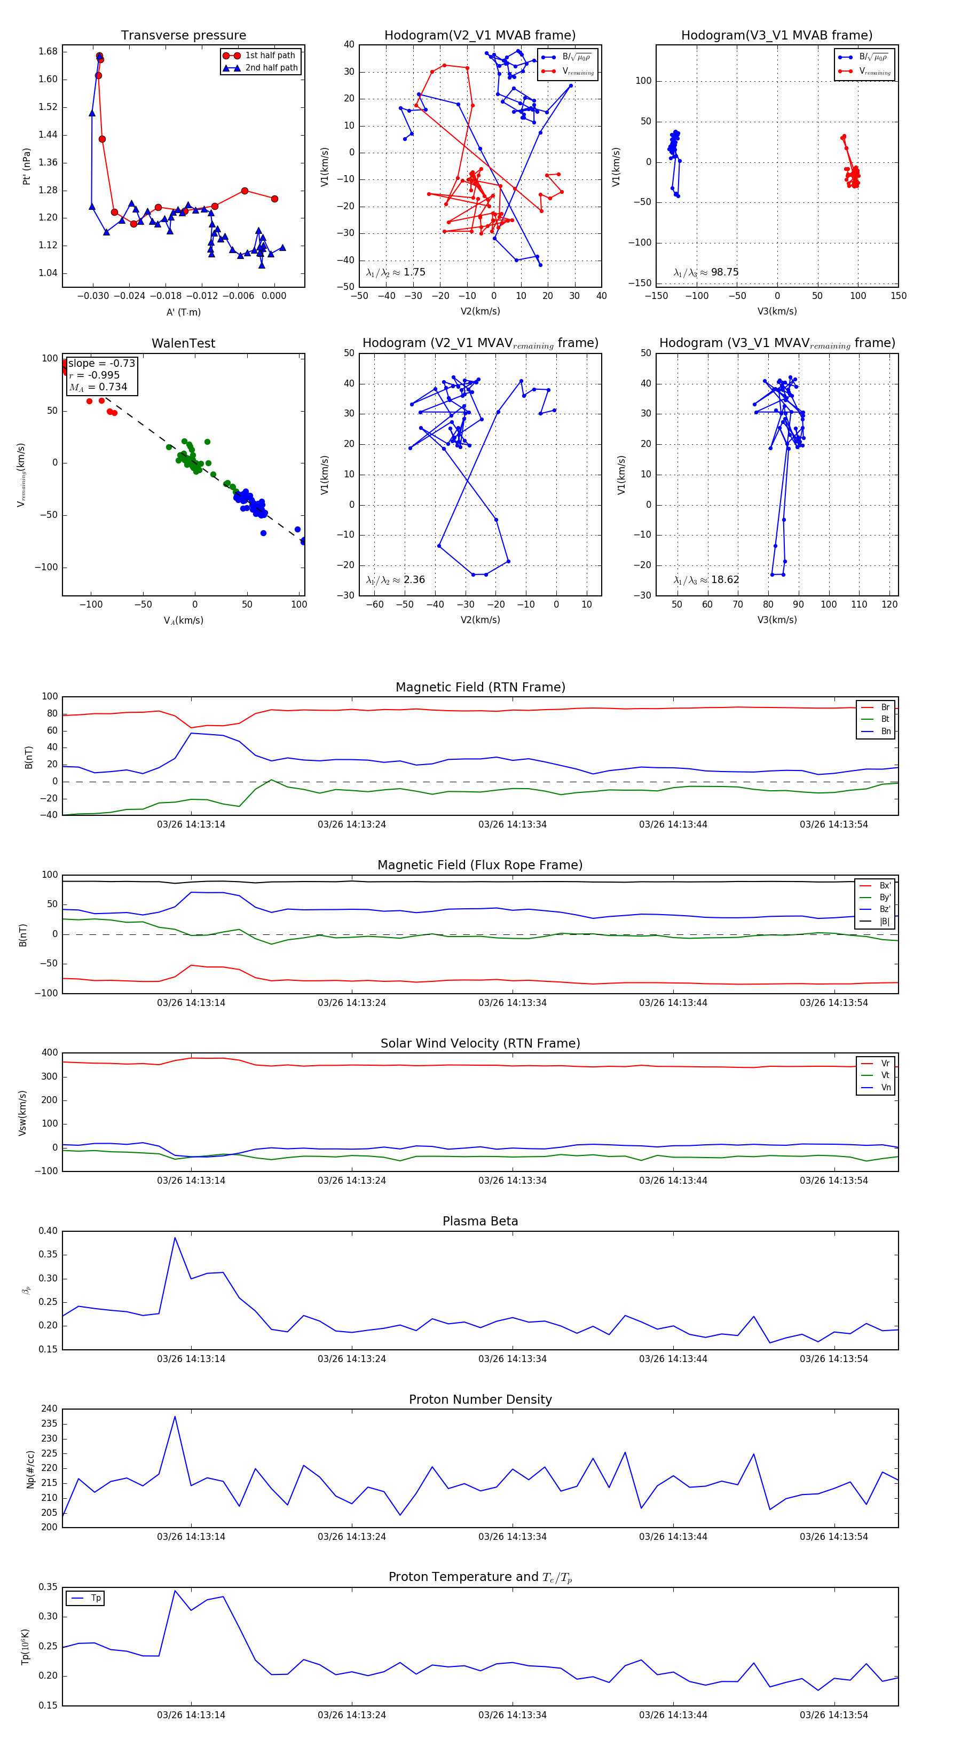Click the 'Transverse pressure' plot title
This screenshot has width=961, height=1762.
(x=183, y=36)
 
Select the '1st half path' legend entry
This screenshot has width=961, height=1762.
(x=270, y=56)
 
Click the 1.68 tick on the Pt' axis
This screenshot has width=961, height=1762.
(x=48, y=51)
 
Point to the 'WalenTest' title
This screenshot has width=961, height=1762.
(x=183, y=343)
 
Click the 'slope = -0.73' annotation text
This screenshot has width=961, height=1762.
(x=101, y=363)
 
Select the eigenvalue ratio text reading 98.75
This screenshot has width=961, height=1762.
(x=724, y=272)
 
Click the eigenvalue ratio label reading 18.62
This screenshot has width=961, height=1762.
(x=724, y=580)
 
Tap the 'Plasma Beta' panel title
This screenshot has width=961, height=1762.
(x=480, y=1222)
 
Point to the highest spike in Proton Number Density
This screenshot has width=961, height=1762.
(x=175, y=1417)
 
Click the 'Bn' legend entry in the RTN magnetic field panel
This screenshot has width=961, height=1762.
(x=885, y=731)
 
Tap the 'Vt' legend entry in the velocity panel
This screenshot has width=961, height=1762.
(x=885, y=1075)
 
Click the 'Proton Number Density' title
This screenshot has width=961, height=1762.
(x=480, y=1399)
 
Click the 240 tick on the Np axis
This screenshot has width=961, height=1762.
(x=49, y=1409)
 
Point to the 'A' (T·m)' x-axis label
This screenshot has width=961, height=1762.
(x=183, y=312)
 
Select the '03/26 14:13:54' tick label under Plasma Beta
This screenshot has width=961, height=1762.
(x=834, y=1359)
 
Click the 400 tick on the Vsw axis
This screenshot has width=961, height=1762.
(x=49, y=1053)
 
